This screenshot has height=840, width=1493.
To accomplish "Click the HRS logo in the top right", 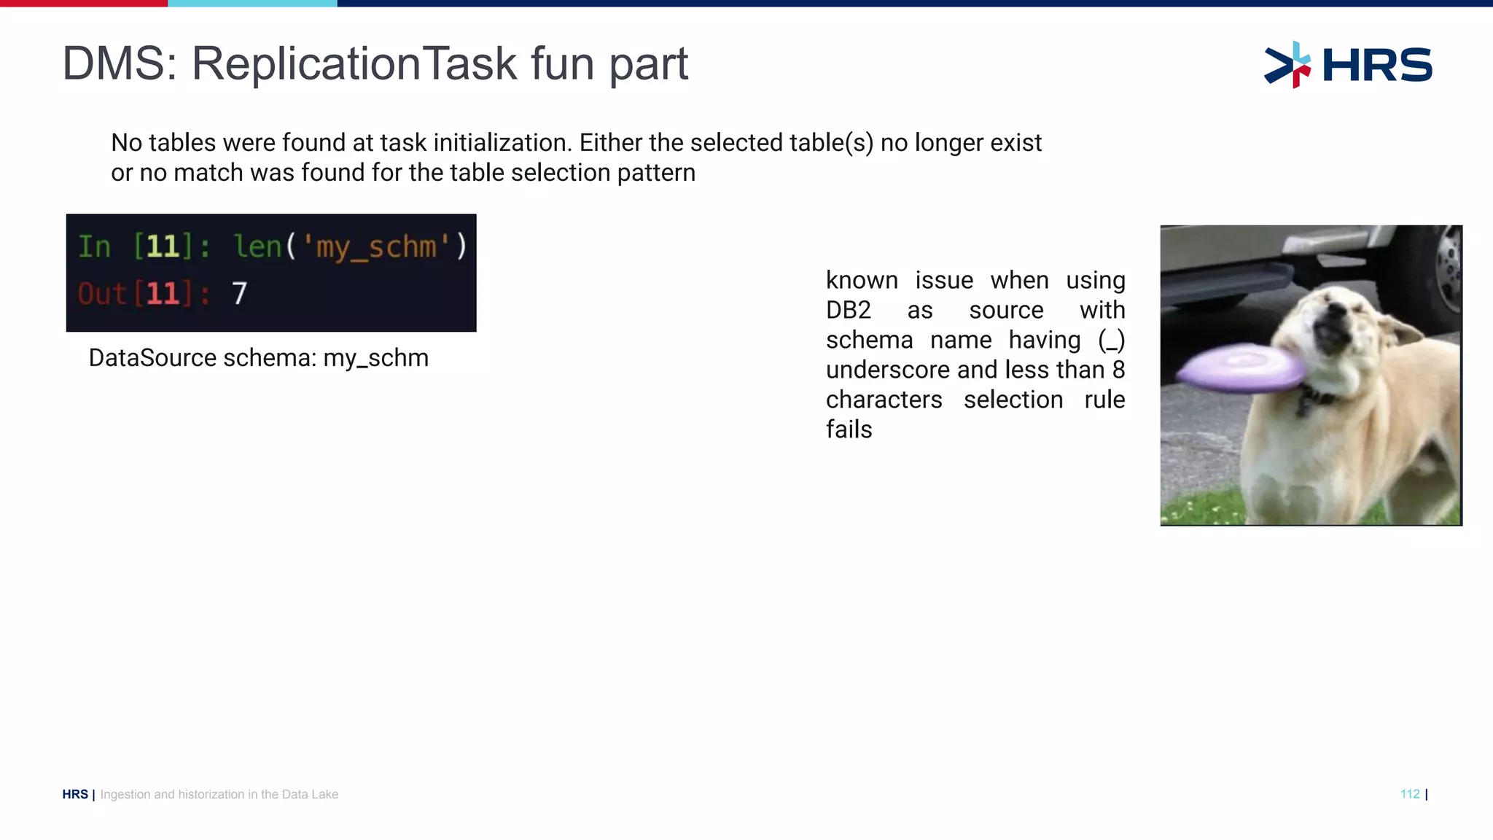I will [x=1349, y=65].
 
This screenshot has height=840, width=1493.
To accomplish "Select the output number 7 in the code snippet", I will [x=239, y=294].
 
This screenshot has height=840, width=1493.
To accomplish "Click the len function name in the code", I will [x=257, y=246].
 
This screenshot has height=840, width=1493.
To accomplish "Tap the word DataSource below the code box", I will [x=152, y=358].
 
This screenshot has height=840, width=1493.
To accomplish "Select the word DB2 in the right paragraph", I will [x=848, y=310].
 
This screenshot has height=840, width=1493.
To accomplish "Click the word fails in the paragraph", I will [x=849, y=429].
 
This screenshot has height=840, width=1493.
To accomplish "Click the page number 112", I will [x=1409, y=794].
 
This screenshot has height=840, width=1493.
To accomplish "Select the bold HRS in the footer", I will [x=75, y=794].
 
